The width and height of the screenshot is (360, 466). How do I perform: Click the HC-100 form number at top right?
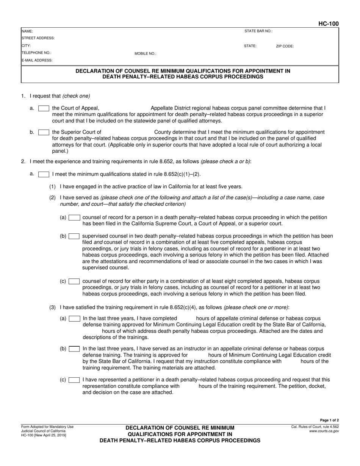pos(328,24)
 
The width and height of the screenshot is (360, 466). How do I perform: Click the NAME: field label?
pos(27,31)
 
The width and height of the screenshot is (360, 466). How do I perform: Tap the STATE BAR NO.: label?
pos(258,31)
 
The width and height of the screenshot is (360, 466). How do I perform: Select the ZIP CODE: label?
pos(285,46)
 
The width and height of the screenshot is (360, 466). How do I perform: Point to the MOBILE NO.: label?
pos(145,54)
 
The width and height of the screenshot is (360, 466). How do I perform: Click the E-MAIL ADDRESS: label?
pos(37,60)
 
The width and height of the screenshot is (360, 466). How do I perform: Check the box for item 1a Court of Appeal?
pos(44,108)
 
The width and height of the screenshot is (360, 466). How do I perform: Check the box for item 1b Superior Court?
pos(44,132)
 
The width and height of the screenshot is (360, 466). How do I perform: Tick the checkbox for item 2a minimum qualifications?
pos(44,174)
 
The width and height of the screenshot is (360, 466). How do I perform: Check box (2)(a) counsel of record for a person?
pos(74,217)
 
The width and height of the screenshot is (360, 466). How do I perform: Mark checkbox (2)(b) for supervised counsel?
pos(74,236)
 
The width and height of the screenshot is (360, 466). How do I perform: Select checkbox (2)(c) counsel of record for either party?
pos(74,281)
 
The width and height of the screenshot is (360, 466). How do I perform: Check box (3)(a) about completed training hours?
pos(75,319)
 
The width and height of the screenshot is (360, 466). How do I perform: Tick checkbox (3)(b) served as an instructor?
pos(75,349)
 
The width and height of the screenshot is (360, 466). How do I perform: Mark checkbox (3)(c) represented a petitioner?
pos(74,380)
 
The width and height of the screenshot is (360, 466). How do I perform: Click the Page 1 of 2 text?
pos(329,420)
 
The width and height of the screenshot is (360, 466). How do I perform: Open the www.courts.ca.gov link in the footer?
pos(324,431)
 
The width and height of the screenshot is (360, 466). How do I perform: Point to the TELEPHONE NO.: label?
pos(36,53)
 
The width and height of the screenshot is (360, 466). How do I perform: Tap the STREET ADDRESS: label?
pos(38,38)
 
